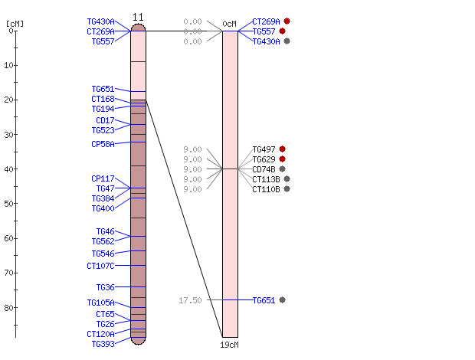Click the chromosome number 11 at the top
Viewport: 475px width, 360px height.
(x=138, y=17)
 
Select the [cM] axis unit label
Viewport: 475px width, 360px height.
(x=15, y=24)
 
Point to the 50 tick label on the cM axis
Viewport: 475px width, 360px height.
(x=8, y=204)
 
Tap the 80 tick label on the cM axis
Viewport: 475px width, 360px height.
(x=8, y=308)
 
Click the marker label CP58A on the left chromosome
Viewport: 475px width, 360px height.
(x=103, y=144)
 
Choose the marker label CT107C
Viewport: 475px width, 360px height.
(x=100, y=266)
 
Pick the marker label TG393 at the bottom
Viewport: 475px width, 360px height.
(x=103, y=344)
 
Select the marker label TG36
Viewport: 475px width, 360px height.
(x=106, y=287)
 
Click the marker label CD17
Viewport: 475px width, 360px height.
(x=106, y=120)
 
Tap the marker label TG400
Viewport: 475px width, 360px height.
(x=103, y=208)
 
